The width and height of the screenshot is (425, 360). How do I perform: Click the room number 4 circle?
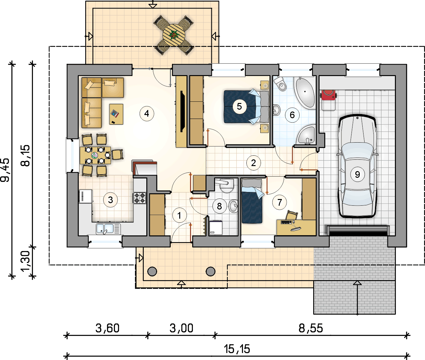tap(147, 113)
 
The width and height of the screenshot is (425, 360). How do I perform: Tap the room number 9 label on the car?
tap(357, 174)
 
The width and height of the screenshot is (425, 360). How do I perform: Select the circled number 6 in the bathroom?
tap(292, 115)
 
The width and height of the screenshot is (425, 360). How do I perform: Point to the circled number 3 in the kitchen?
tap(111, 200)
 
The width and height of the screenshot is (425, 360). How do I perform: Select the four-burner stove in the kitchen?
tap(139, 198)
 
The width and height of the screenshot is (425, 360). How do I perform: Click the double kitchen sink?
tap(108, 228)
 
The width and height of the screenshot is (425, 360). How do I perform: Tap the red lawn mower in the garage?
tap(328, 95)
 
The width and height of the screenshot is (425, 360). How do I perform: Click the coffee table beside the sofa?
tap(116, 114)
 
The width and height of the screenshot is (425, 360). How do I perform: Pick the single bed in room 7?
tap(252, 201)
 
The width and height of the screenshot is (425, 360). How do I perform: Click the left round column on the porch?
tap(152, 271)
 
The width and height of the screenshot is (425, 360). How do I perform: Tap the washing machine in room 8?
tap(216, 228)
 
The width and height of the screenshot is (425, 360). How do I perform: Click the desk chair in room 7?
tap(292, 215)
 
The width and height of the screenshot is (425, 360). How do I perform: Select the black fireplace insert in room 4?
tap(182, 111)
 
